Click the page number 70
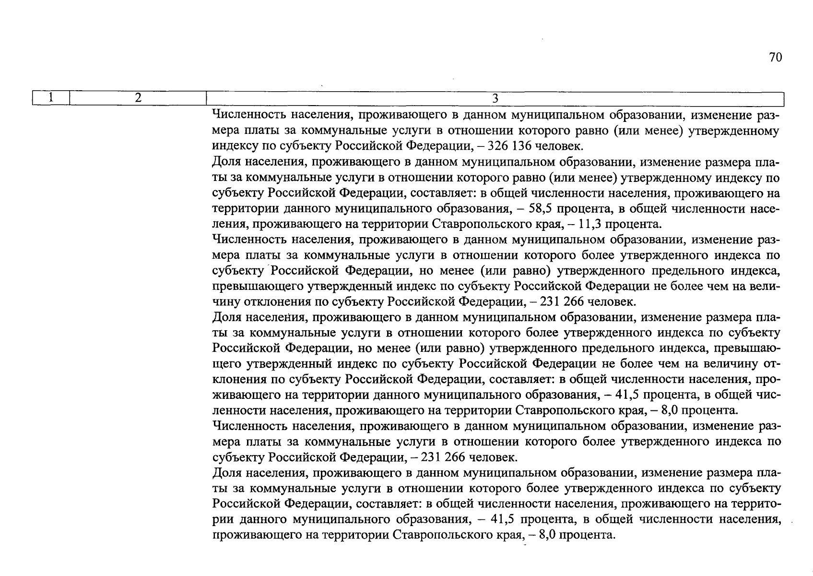pos(775,58)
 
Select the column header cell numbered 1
pos(51,98)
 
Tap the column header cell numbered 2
pos(138,98)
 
